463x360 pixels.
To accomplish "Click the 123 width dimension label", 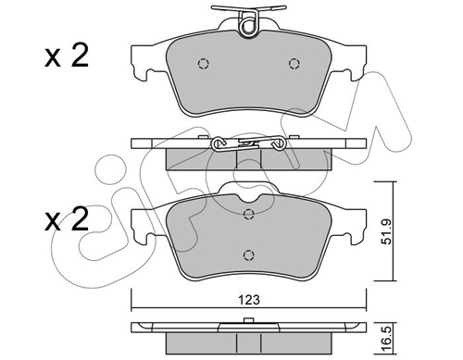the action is (x=249, y=300).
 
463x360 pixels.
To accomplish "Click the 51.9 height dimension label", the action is (x=386, y=231).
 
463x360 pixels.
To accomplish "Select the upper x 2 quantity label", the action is (x=67, y=56).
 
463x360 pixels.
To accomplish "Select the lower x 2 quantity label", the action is (x=67, y=219).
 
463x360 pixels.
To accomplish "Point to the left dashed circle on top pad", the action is (x=203, y=64).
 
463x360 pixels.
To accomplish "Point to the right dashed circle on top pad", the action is (x=294, y=64).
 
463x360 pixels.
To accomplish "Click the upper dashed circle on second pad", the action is (x=248, y=214).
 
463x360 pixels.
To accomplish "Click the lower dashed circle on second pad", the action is (x=248, y=254).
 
